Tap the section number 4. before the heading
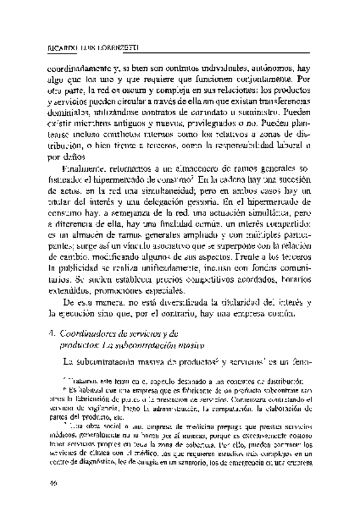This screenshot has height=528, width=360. click(x=52, y=332)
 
